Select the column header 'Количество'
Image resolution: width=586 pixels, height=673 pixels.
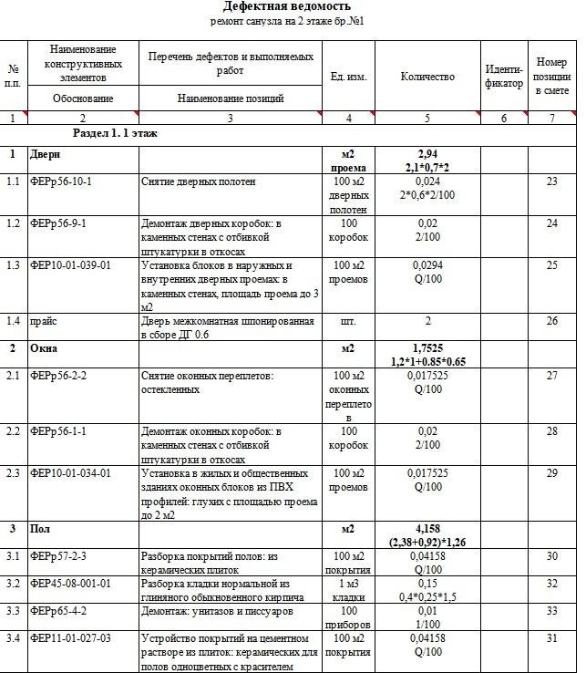point(427,77)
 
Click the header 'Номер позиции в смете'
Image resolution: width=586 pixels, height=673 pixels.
point(551,77)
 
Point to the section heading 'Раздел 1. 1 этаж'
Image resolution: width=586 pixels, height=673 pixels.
point(115,133)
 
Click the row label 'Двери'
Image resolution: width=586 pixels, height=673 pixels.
point(44,154)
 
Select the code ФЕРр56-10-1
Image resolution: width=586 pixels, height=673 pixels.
point(60,182)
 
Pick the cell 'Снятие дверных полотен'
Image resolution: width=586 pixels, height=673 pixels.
point(191,182)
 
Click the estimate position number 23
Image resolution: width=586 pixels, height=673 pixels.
point(551,182)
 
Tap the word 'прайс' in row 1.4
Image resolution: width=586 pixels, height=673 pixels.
point(43,322)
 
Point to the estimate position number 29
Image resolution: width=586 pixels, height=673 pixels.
point(551,473)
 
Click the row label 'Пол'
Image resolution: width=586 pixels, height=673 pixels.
point(40,529)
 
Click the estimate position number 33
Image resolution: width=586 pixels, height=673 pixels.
point(551,611)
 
